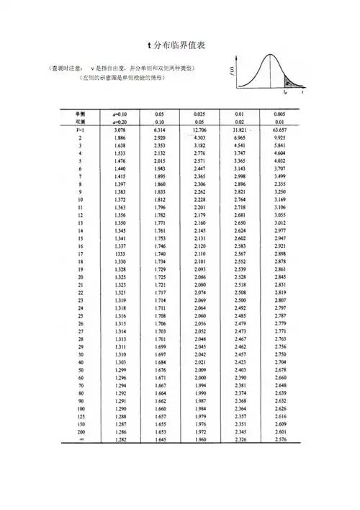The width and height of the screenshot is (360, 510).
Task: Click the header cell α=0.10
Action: click(121, 114)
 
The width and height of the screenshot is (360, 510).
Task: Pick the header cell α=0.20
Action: click(121, 121)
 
